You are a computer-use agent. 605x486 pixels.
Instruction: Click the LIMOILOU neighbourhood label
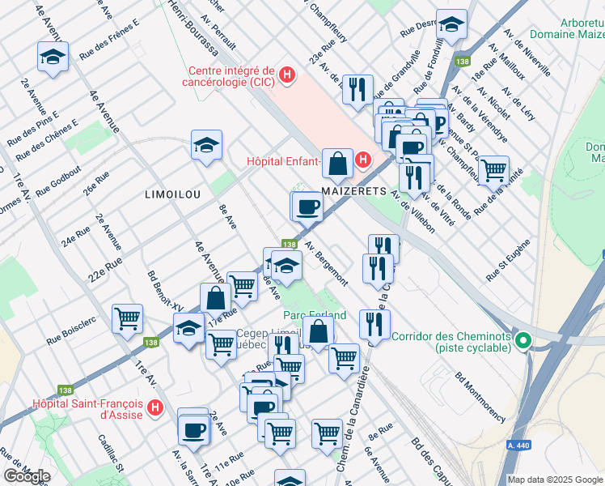(172, 194)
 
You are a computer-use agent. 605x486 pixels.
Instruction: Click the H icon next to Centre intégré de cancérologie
(285, 77)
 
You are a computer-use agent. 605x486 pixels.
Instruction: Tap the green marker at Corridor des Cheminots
(524, 341)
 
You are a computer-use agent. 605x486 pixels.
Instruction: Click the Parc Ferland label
(314, 314)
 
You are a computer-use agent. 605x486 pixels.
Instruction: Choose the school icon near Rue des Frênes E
(53, 58)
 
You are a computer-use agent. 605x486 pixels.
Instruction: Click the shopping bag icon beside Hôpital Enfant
(337, 163)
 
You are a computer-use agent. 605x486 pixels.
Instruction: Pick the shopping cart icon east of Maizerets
(493, 171)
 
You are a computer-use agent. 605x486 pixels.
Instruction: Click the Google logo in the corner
(26, 476)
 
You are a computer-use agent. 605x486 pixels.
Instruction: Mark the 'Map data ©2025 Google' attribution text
(554, 479)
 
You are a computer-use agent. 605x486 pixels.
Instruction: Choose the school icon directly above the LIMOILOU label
(206, 146)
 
